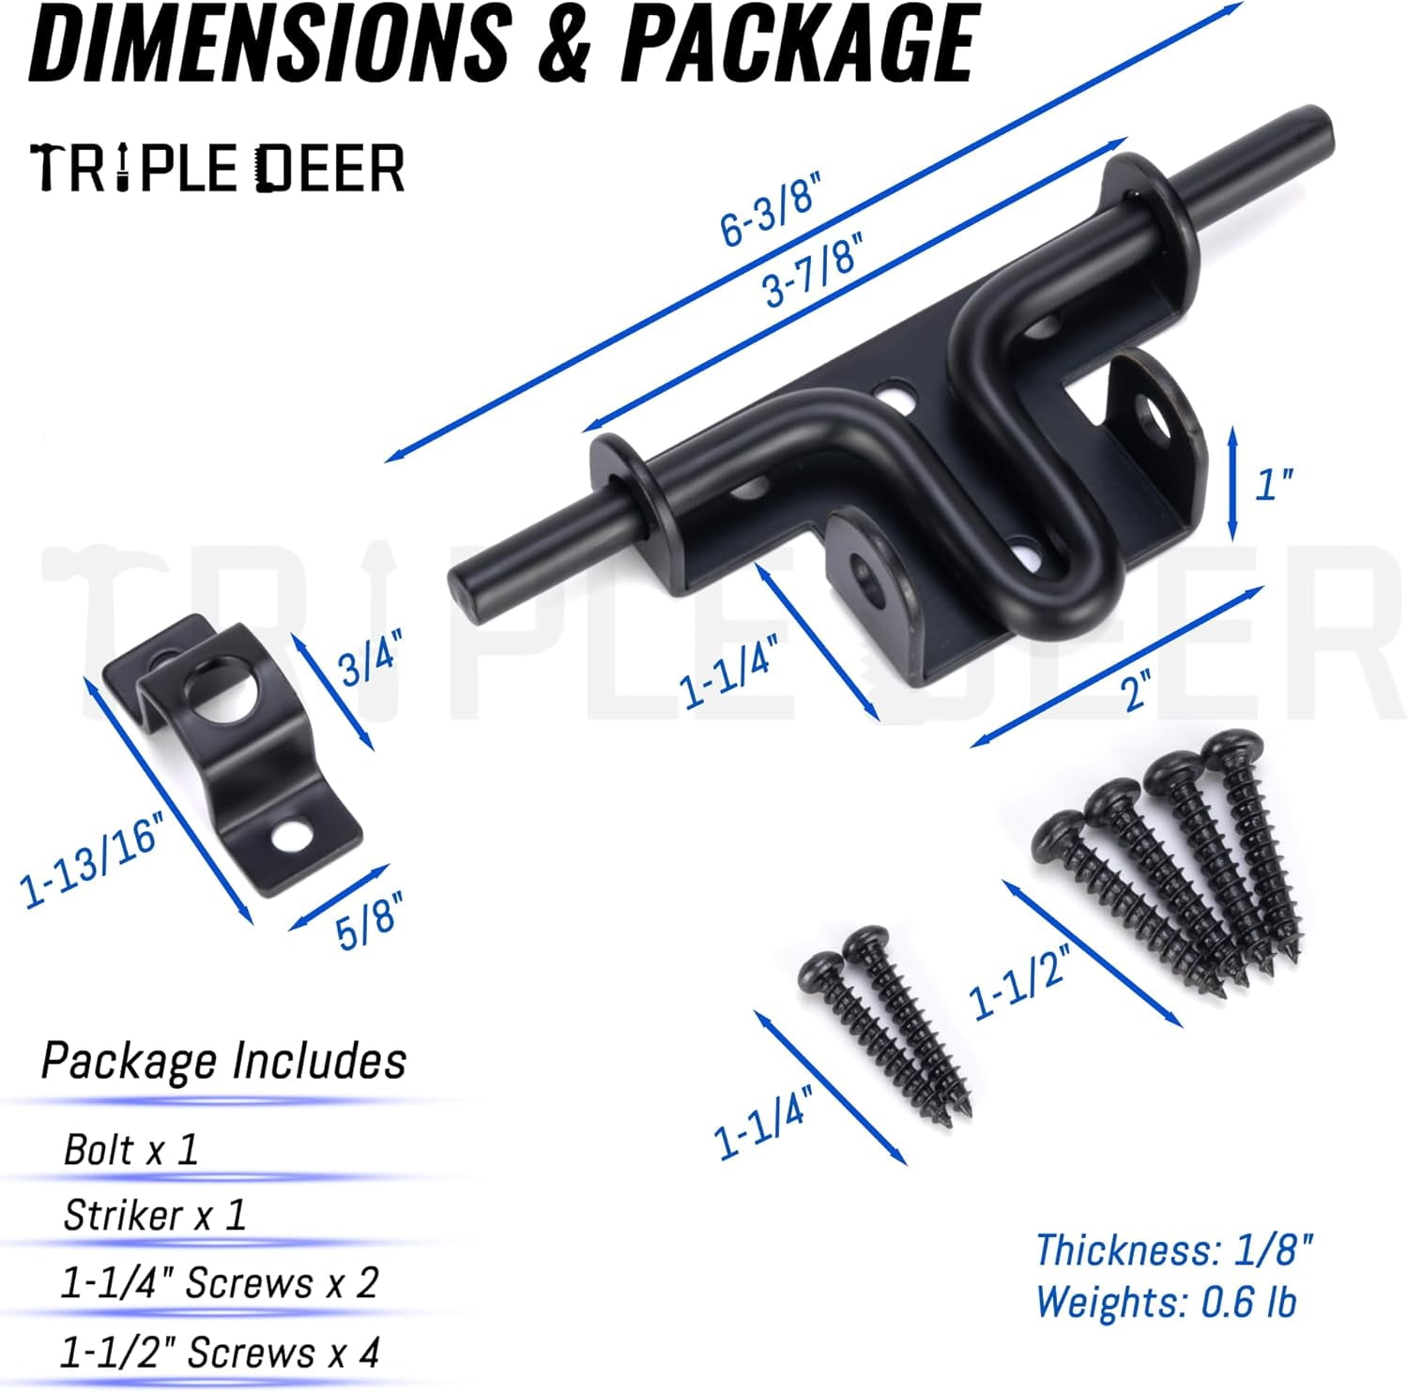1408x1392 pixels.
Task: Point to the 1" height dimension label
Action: (1273, 484)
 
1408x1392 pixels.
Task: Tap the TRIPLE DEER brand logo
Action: (217, 169)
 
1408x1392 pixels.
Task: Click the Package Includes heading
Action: (223, 1061)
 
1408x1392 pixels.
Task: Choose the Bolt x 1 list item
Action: (130, 1150)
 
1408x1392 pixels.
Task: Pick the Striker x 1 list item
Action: (154, 1216)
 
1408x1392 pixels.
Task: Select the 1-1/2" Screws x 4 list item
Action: (220, 1353)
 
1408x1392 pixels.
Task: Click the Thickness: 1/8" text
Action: (1173, 1250)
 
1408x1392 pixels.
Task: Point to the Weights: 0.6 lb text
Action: (1166, 1302)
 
